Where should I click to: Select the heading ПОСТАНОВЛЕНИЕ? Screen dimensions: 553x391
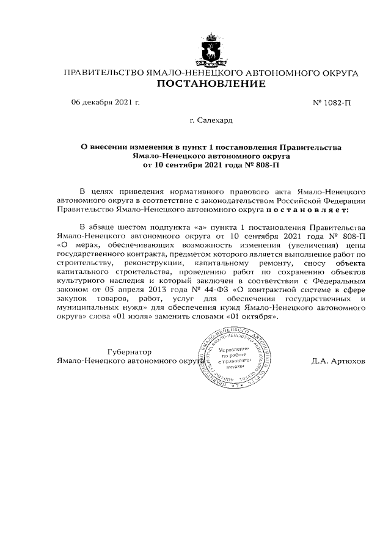[x=211, y=84]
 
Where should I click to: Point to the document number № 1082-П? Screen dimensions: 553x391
[x=332, y=102]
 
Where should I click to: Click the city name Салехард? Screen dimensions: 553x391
[x=216, y=120]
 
